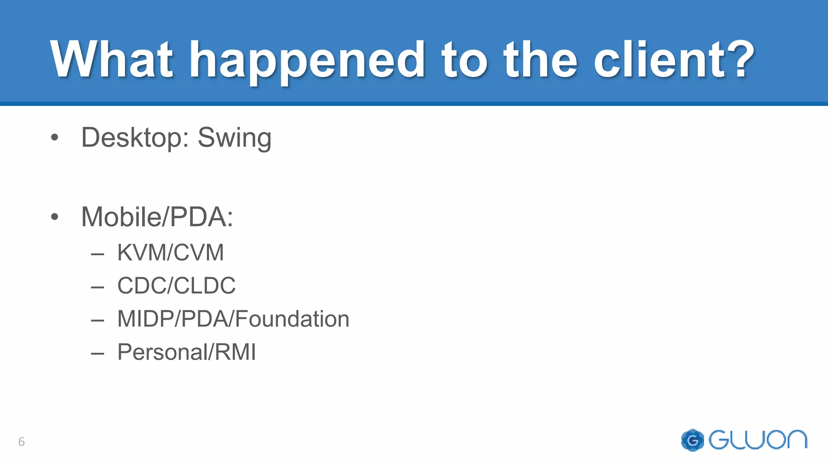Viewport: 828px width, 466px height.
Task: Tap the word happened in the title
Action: pyautogui.click(x=306, y=61)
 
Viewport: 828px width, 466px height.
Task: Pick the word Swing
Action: pyautogui.click(x=234, y=138)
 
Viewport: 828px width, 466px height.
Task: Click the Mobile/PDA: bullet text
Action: pyautogui.click(x=157, y=217)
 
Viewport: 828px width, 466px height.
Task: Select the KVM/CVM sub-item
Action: pyautogui.click(x=170, y=253)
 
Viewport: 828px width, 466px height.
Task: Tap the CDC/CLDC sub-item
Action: pyautogui.click(x=176, y=286)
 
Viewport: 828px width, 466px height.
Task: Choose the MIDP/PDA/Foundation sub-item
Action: pyautogui.click(x=233, y=319)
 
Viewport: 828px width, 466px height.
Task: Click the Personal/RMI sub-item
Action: pyautogui.click(x=186, y=352)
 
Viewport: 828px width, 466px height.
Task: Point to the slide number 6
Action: pyautogui.click(x=21, y=442)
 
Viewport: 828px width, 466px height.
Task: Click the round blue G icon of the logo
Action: pyautogui.click(x=692, y=440)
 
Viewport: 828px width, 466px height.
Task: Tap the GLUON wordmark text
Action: pyautogui.click(x=758, y=440)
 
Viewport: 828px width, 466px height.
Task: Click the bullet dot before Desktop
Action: pyautogui.click(x=55, y=138)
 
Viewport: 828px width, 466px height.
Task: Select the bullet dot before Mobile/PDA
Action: pyautogui.click(x=55, y=217)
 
